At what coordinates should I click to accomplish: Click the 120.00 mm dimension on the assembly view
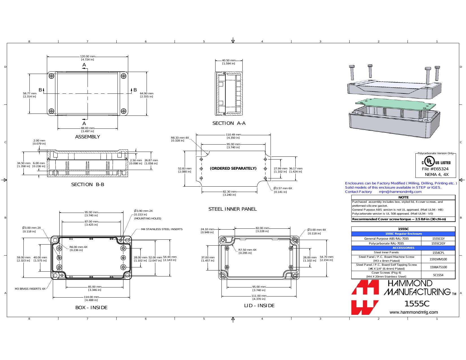click(x=88, y=56)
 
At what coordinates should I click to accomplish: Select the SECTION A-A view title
click(x=229, y=123)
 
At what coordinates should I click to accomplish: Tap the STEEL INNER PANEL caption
click(x=232, y=209)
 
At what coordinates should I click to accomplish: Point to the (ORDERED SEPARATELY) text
click(x=233, y=168)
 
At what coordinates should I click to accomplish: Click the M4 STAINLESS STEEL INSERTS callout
click(x=162, y=229)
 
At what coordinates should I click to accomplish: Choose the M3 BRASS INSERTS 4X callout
click(x=30, y=289)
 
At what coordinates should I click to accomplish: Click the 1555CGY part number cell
click(x=438, y=238)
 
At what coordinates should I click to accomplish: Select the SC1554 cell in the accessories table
click(x=438, y=275)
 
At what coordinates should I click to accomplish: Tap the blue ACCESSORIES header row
click(x=403, y=248)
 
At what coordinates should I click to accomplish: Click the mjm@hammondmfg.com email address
click(x=400, y=192)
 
